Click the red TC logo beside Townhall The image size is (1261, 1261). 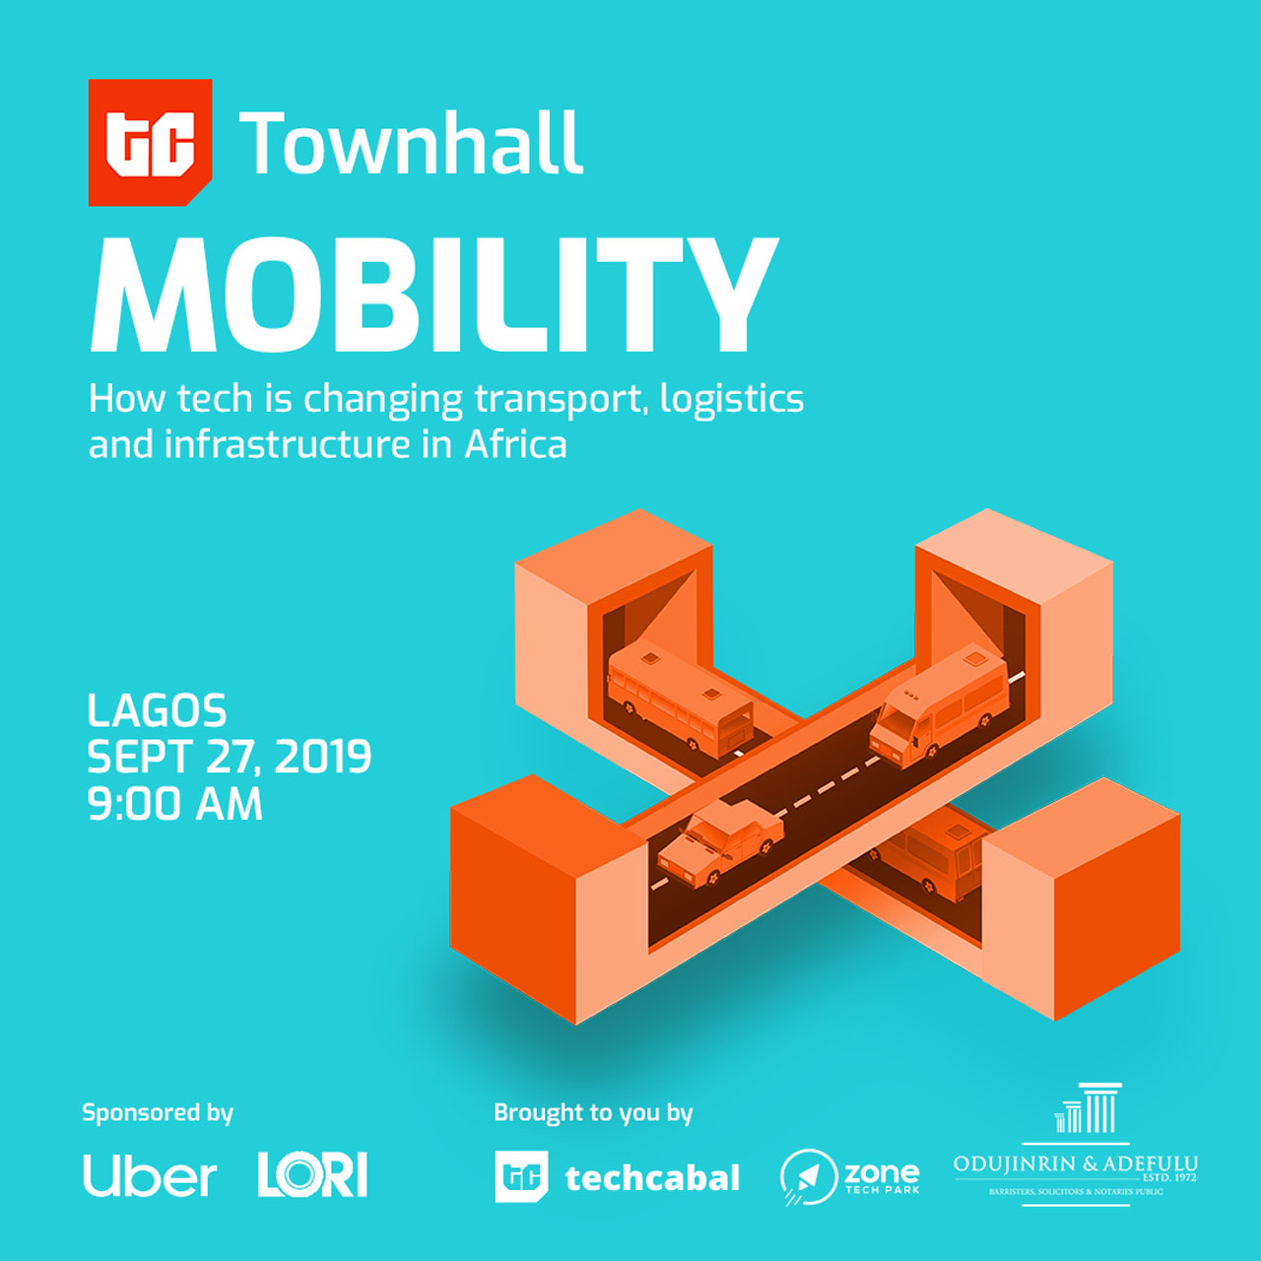tap(150, 142)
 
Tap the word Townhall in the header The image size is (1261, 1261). tap(411, 143)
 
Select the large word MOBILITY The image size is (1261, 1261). tap(434, 295)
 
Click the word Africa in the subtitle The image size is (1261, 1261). tap(515, 445)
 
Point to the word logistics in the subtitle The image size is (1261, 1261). tap(732, 399)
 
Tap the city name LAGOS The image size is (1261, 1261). tap(157, 710)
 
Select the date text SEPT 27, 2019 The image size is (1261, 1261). tap(229, 758)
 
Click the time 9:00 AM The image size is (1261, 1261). tap(174, 804)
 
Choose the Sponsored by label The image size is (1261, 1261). tap(158, 1113)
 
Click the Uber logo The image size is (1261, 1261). tap(150, 1176)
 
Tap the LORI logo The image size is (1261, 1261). tap(313, 1175)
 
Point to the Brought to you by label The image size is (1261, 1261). tap(593, 1113)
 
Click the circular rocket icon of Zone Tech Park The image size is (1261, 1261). tap(808, 1177)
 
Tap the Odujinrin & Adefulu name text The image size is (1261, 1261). tap(1075, 1164)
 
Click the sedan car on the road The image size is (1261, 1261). tap(720, 844)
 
